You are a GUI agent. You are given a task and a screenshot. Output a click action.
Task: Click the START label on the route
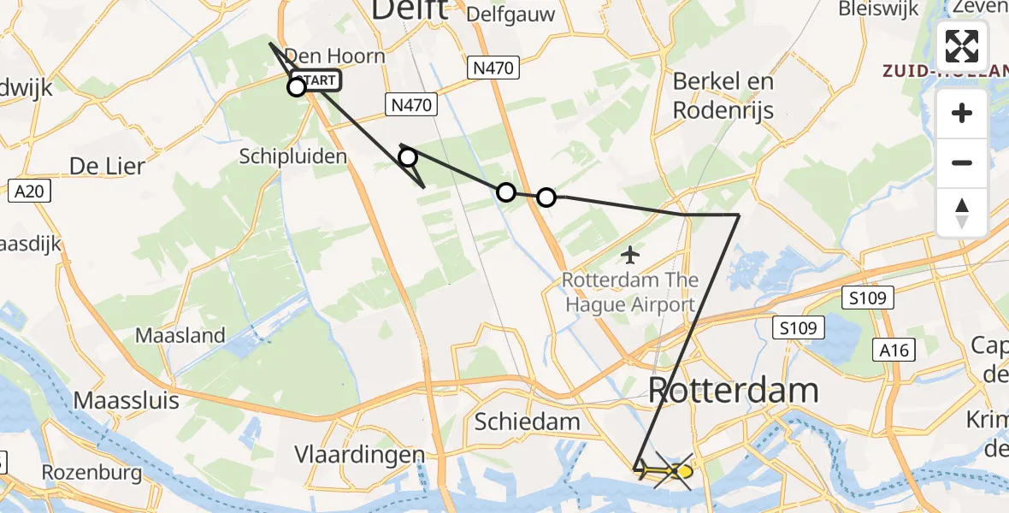321,81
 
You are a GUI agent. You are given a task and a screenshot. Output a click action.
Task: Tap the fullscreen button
962,46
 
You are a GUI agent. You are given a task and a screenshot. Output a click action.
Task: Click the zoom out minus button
962,162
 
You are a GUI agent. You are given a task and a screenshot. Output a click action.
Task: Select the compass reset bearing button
962,211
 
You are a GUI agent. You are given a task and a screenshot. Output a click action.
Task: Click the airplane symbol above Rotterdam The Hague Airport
631,255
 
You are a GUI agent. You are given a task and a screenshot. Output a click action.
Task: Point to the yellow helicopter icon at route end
676,471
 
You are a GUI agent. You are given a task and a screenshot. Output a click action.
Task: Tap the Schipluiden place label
293,156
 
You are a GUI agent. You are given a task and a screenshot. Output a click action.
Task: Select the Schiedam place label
527,421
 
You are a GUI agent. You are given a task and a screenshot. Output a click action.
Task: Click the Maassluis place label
127,399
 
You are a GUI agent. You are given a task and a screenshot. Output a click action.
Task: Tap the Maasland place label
180,335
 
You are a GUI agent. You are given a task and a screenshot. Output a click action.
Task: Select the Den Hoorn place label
333,56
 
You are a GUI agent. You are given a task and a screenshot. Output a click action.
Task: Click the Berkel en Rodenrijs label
723,95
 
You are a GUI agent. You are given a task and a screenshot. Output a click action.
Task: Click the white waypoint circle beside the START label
297,86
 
